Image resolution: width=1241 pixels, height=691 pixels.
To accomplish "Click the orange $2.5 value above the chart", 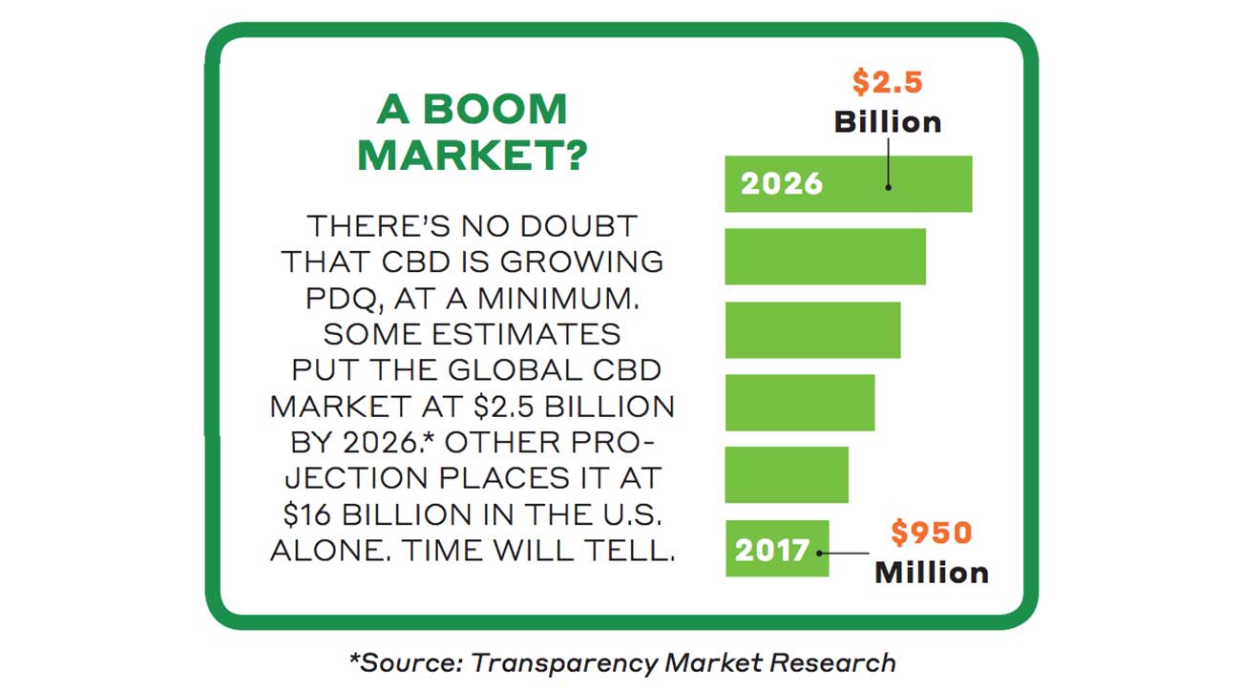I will tap(887, 82).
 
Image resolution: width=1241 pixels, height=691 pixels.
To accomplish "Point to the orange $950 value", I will tap(931, 532).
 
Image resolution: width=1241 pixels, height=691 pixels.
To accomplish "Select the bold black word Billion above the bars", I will tap(887, 121).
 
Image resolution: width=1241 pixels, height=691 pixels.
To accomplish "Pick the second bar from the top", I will tap(825, 256).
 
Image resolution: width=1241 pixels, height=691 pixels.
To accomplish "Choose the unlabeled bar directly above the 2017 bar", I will tap(786, 474).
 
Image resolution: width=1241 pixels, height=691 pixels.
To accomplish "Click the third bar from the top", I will tap(812, 329).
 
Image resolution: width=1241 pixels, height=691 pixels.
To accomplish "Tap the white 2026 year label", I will tap(781, 183).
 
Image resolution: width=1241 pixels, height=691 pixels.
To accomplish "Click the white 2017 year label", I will tap(771, 551).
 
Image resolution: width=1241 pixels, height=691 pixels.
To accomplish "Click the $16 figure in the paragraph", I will tap(309, 515).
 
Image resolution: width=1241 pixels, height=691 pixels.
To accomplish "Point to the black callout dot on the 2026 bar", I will tap(889, 187).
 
